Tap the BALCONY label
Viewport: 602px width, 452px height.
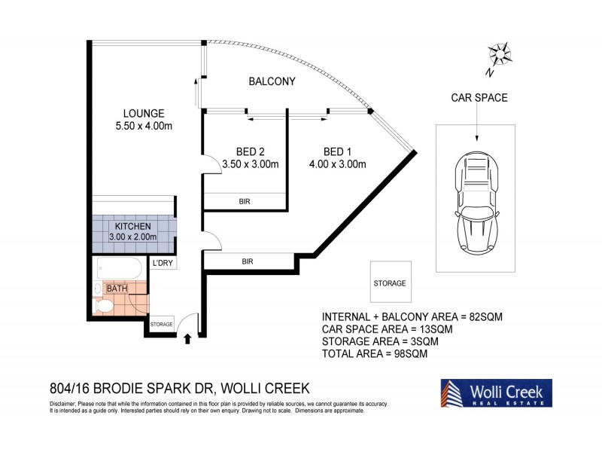pos(272,81)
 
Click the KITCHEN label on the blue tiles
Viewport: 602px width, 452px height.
pos(133,226)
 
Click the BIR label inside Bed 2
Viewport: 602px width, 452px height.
pos(245,202)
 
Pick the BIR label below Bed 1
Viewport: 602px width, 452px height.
pos(248,261)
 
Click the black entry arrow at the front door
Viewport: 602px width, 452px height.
pos(187,341)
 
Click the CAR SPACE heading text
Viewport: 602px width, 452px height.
pos(479,97)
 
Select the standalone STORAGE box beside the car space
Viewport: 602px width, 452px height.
pos(390,283)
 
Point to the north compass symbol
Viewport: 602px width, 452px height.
pos(499,56)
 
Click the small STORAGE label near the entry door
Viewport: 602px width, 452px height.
pos(161,325)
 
